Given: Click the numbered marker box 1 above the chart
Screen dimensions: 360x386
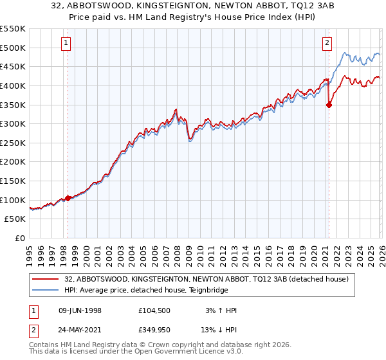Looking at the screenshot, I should click(x=68, y=43).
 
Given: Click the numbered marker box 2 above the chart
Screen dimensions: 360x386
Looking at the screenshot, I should click(x=327, y=43).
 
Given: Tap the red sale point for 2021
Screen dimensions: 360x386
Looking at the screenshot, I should click(x=329, y=105).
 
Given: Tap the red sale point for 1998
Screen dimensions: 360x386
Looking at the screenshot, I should click(x=68, y=199).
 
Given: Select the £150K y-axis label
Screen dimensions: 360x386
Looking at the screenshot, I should click(x=13, y=181).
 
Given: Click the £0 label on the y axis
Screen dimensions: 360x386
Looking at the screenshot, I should click(x=19, y=239).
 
